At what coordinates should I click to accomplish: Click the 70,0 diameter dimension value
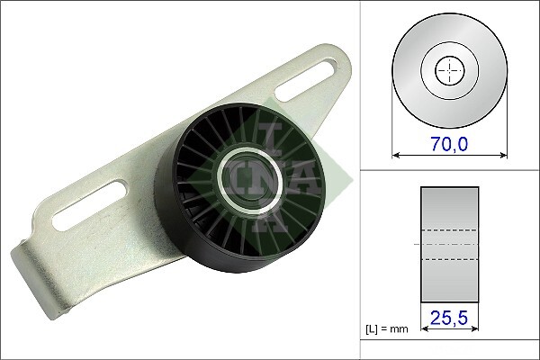coord(449,143)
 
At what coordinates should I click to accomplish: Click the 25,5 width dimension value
coord(449,318)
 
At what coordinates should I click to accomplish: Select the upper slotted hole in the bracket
coord(310,78)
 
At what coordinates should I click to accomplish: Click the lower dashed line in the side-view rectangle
coord(449,260)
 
